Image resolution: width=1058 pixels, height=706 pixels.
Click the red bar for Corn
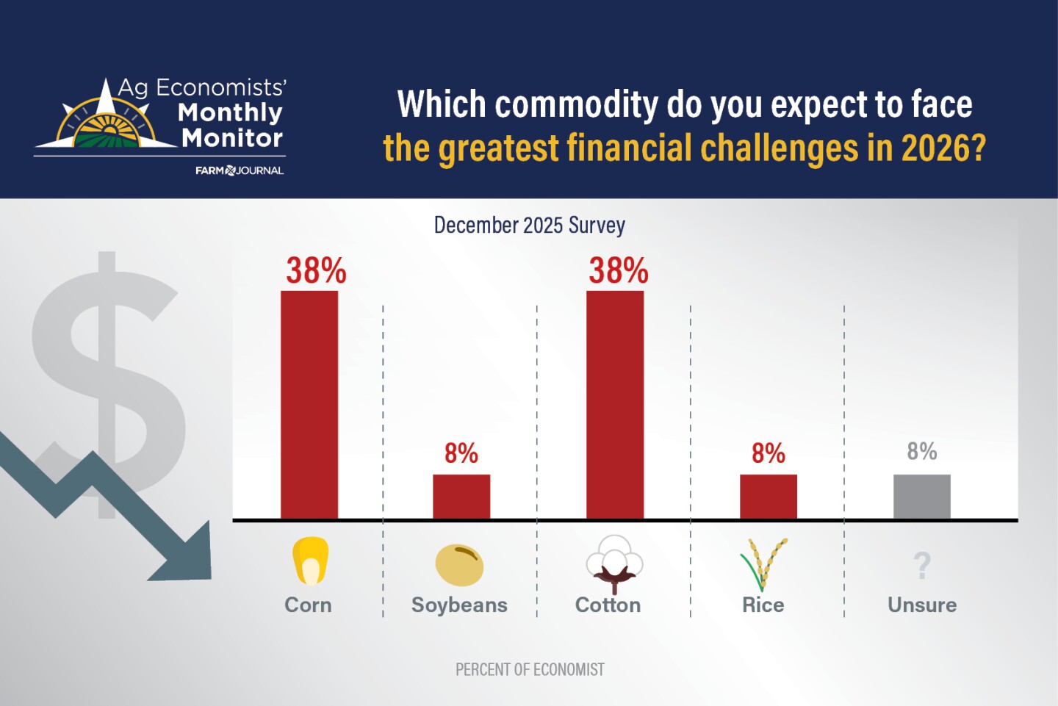[x=309, y=405]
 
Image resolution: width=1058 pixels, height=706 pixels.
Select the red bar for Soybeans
[x=461, y=497]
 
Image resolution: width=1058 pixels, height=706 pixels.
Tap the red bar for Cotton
[x=615, y=405]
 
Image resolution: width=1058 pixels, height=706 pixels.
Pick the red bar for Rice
[x=768, y=497]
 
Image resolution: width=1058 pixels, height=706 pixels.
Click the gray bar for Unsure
[x=921, y=497]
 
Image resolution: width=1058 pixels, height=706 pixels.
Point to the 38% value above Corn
[x=316, y=271]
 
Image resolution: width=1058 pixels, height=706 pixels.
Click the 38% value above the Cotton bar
[x=618, y=271]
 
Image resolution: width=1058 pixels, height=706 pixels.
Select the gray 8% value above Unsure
[x=921, y=451]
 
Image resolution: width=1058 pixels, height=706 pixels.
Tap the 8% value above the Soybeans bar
[x=461, y=453]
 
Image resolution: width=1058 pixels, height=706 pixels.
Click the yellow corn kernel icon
[x=310, y=561]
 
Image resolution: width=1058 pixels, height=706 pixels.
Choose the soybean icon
[x=459, y=564]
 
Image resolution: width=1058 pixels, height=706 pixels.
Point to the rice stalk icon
[x=763, y=563]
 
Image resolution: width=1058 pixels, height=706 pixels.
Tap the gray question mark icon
[x=922, y=566]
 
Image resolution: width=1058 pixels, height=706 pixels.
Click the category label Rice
[x=763, y=605]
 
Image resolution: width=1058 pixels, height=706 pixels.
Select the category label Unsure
[x=922, y=605]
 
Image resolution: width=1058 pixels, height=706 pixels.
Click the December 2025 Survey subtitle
[x=529, y=225]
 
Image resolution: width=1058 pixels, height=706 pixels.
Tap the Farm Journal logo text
[x=240, y=170]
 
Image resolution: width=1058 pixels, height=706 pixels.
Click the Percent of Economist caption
[x=530, y=669]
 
